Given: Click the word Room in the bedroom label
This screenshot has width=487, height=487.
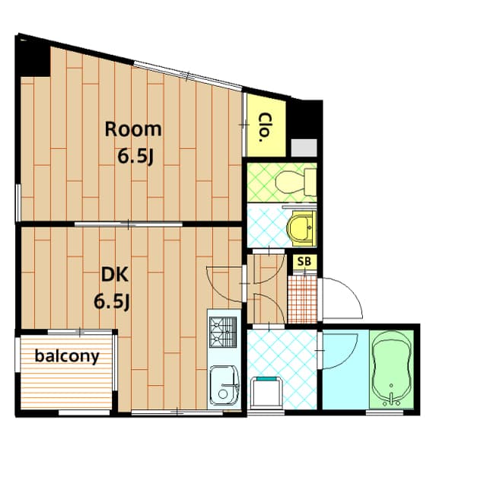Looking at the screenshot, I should [x=133, y=129].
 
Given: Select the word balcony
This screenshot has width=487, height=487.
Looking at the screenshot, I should [x=67, y=355].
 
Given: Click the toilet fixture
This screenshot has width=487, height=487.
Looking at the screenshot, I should [x=295, y=181].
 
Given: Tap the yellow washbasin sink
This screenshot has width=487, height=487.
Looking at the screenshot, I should [x=301, y=227].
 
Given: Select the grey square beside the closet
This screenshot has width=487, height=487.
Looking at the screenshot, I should [x=304, y=148].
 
